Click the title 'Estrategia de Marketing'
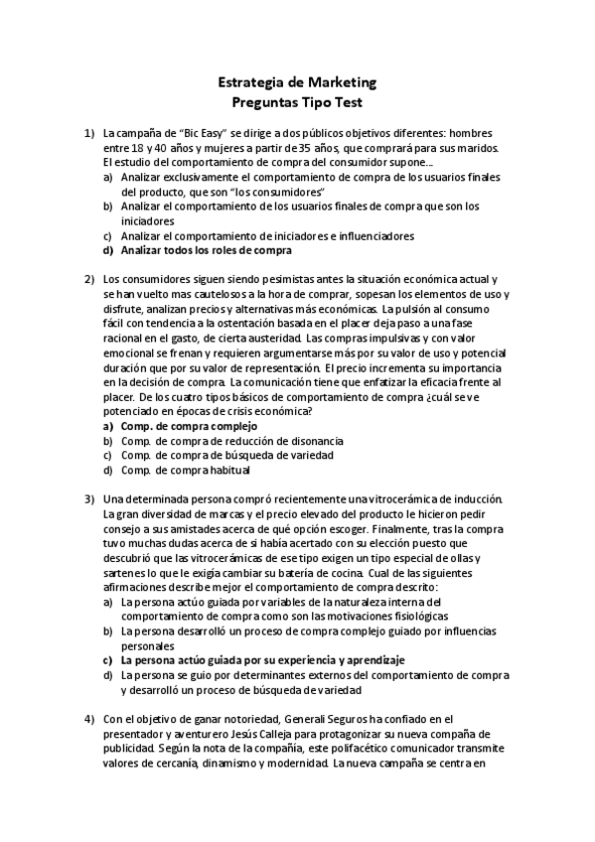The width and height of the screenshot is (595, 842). (x=296, y=83)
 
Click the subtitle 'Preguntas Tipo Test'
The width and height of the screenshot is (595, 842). (x=296, y=101)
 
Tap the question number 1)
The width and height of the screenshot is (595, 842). (x=88, y=132)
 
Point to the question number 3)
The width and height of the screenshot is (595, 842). (x=88, y=497)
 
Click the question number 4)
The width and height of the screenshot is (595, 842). (x=88, y=718)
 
